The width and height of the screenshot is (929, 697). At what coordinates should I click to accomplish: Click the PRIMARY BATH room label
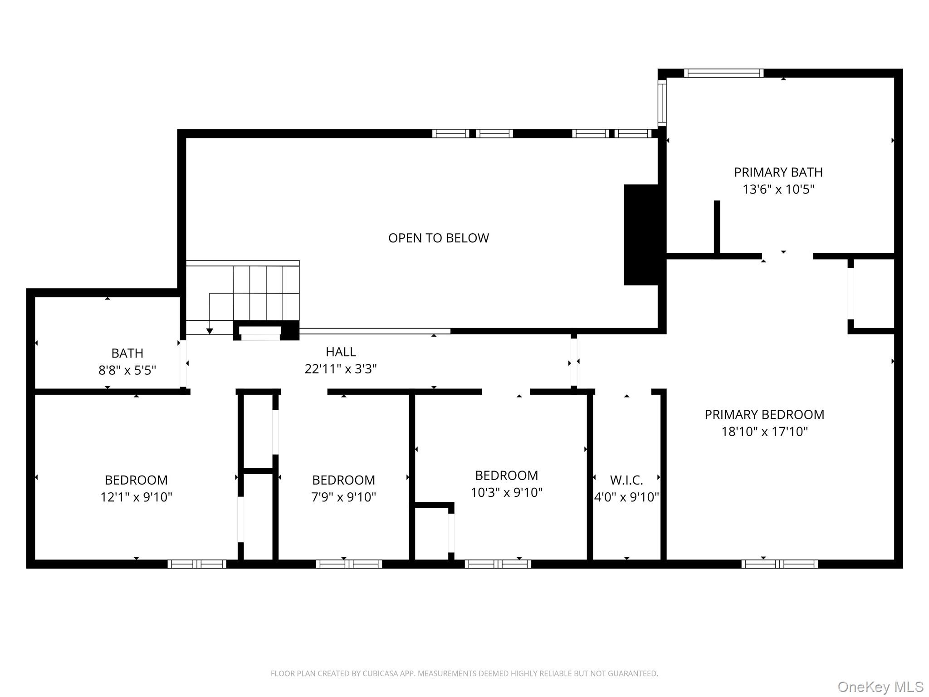778,172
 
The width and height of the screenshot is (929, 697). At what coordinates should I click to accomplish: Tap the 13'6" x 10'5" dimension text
778,189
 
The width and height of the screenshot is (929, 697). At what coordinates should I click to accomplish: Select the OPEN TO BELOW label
438,238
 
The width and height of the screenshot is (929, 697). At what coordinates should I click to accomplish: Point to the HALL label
341,352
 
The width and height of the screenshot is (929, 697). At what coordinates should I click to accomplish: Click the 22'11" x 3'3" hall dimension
341,369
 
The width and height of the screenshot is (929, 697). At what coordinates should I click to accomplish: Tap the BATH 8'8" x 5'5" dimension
127,370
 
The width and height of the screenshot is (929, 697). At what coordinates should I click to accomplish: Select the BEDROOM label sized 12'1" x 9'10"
136,480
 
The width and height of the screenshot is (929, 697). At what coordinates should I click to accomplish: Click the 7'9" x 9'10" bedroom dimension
343,497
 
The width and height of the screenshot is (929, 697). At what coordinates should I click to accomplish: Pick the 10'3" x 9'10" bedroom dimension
506,492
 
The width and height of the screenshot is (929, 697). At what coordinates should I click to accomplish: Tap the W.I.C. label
626,480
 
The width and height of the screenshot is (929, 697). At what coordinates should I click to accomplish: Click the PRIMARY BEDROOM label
764,414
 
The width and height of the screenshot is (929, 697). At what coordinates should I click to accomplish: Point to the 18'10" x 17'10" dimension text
764,432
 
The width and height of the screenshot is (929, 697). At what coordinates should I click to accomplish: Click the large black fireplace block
641,235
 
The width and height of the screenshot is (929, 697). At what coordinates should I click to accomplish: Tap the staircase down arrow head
210,331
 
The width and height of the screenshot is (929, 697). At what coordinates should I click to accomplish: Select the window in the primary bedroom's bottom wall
779,564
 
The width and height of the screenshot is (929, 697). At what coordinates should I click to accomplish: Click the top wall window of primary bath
724,73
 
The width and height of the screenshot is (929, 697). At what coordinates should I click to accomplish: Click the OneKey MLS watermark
880,687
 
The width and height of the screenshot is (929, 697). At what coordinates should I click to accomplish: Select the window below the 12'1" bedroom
197,564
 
